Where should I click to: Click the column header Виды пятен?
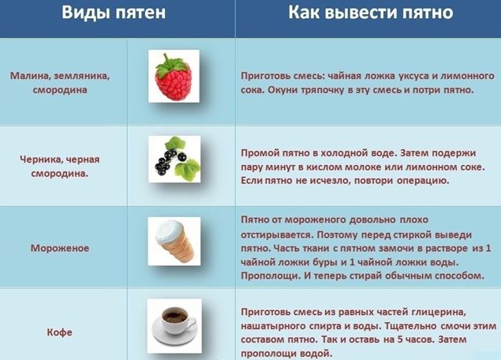(x=114, y=13)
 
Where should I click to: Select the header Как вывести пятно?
(x=371, y=12)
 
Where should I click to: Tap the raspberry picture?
(x=174, y=76)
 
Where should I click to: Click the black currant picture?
(x=174, y=159)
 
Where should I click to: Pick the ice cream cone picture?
(x=174, y=242)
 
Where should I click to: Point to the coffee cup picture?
(x=174, y=326)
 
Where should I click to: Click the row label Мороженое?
(x=60, y=249)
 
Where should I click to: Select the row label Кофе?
(x=60, y=332)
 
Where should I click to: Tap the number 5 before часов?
(x=400, y=339)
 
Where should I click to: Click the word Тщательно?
(x=411, y=326)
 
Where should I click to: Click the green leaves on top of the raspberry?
(x=172, y=65)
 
